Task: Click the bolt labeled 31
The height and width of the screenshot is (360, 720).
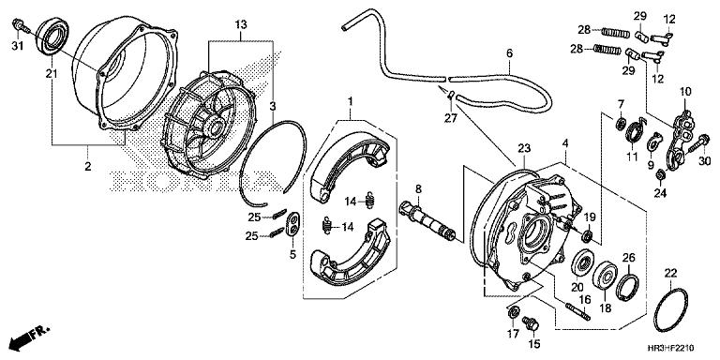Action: point(22,25)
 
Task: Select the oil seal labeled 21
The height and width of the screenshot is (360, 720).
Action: point(52,36)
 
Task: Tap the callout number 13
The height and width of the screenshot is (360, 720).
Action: point(241,24)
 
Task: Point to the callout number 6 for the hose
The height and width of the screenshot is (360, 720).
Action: point(509,53)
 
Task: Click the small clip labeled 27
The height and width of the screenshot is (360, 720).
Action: point(450,95)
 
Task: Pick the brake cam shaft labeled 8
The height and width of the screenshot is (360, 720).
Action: point(427,220)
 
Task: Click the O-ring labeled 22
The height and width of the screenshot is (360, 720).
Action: point(671,310)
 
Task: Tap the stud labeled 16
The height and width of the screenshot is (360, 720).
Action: point(578,311)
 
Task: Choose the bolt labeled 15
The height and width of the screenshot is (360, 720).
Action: point(531,323)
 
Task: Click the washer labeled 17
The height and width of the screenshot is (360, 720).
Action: point(513,312)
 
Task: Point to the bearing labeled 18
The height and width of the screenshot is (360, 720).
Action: point(605,275)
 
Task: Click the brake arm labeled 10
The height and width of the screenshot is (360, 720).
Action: point(679,139)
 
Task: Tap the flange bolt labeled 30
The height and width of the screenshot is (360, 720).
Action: point(697,142)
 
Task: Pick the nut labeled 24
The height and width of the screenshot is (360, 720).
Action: point(659,174)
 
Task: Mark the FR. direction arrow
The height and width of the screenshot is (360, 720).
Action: point(27,337)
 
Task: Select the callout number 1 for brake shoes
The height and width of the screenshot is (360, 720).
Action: point(350,101)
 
